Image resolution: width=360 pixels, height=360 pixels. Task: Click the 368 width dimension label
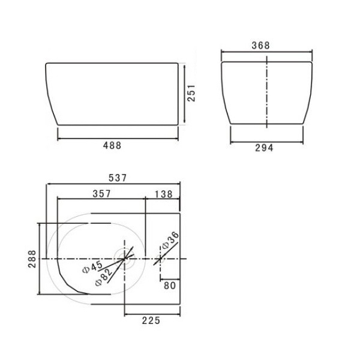(260, 45)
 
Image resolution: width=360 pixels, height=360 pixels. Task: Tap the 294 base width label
(264, 148)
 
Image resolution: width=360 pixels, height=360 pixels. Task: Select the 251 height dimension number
(191, 93)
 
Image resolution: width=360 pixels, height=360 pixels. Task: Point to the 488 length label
(112, 145)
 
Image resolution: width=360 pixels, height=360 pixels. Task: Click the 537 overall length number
(118, 178)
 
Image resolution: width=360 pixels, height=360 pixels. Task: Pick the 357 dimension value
(102, 194)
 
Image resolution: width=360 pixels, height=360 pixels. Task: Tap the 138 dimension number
(163, 194)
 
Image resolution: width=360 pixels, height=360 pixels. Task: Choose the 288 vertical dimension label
(32, 259)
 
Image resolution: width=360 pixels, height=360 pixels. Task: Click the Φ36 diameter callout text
(170, 240)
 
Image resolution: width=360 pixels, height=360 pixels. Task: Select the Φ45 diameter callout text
(92, 267)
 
